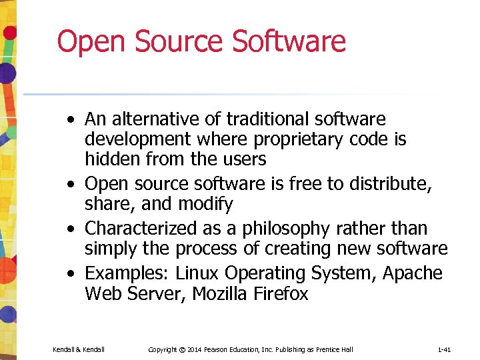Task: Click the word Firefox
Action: [283, 294]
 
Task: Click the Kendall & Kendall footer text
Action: [78, 349]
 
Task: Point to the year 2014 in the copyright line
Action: [194, 349]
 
